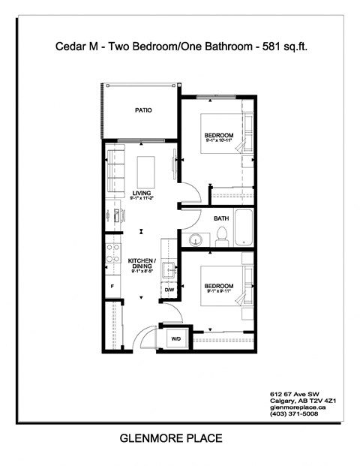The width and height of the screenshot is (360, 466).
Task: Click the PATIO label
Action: click(x=143, y=110)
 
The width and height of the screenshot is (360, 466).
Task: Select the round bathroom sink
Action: click(x=195, y=239)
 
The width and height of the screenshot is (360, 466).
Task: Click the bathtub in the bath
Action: click(x=245, y=228)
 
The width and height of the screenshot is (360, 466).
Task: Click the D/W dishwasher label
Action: click(x=169, y=290)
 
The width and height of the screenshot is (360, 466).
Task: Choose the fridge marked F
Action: click(x=112, y=287)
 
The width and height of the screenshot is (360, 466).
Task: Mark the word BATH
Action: click(x=221, y=218)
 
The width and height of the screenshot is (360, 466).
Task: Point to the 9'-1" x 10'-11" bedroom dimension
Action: click(x=220, y=141)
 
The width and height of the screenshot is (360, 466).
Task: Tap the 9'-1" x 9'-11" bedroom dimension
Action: click(x=220, y=293)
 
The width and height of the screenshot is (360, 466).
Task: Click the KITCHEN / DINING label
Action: click(x=140, y=264)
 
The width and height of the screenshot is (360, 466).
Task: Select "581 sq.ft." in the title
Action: click(x=283, y=47)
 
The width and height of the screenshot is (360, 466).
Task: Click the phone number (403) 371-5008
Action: click(x=294, y=413)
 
